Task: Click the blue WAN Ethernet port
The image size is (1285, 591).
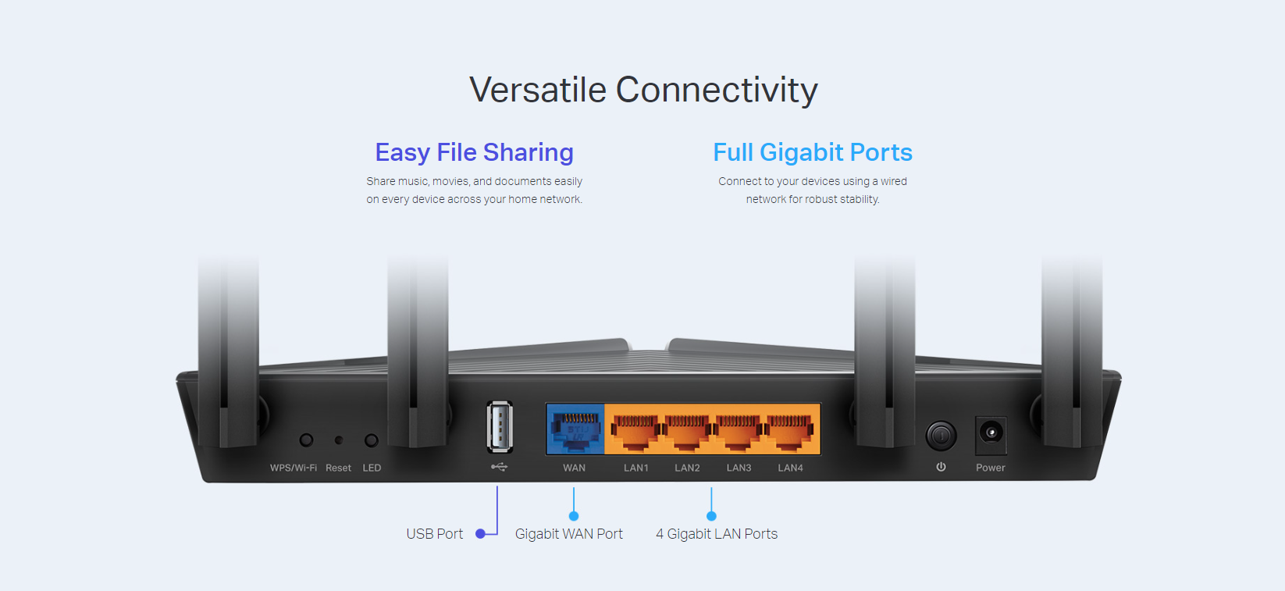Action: (x=575, y=429)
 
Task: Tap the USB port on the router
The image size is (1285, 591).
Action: (x=500, y=427)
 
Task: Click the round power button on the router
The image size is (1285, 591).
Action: (x=941, y=436)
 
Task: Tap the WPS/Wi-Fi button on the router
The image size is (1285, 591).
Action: (x=306, y=440)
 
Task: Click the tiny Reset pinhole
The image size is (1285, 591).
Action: (x=339, y=440)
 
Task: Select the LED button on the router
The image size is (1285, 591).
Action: (x=371, y=440)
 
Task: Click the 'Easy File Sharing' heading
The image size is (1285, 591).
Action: (x=475, y=152)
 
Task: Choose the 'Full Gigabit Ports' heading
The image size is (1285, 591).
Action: (x=813, y=152)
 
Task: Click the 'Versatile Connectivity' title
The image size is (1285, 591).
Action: (x=643, y=90)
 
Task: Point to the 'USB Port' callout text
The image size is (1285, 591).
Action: (x=434, y=534)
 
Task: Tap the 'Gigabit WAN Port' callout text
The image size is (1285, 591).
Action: (x=568, y=534)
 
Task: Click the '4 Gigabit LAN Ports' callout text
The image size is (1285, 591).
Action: (x=717, y=534)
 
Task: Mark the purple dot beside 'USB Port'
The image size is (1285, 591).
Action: (x=481, y=534)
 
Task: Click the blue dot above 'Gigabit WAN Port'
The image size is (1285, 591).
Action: (x=574, y=516)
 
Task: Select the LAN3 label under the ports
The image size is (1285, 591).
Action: (x=739, y=468)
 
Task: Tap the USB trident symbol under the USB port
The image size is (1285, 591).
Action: (x=499, y=467)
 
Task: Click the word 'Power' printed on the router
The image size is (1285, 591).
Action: (x=991, y=468)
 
